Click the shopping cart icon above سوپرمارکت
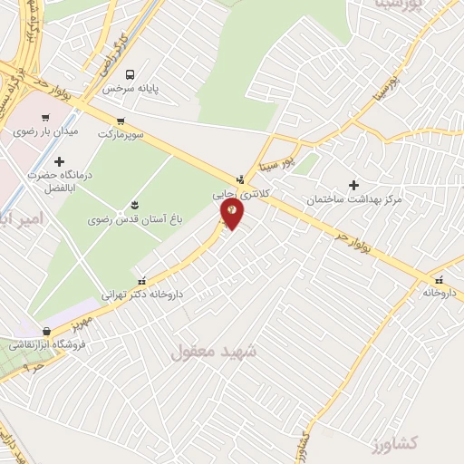coord(121,121)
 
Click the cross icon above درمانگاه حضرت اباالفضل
coord(60,161)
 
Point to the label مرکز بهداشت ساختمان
coord(353,198)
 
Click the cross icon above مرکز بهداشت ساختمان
coord(353,184)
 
